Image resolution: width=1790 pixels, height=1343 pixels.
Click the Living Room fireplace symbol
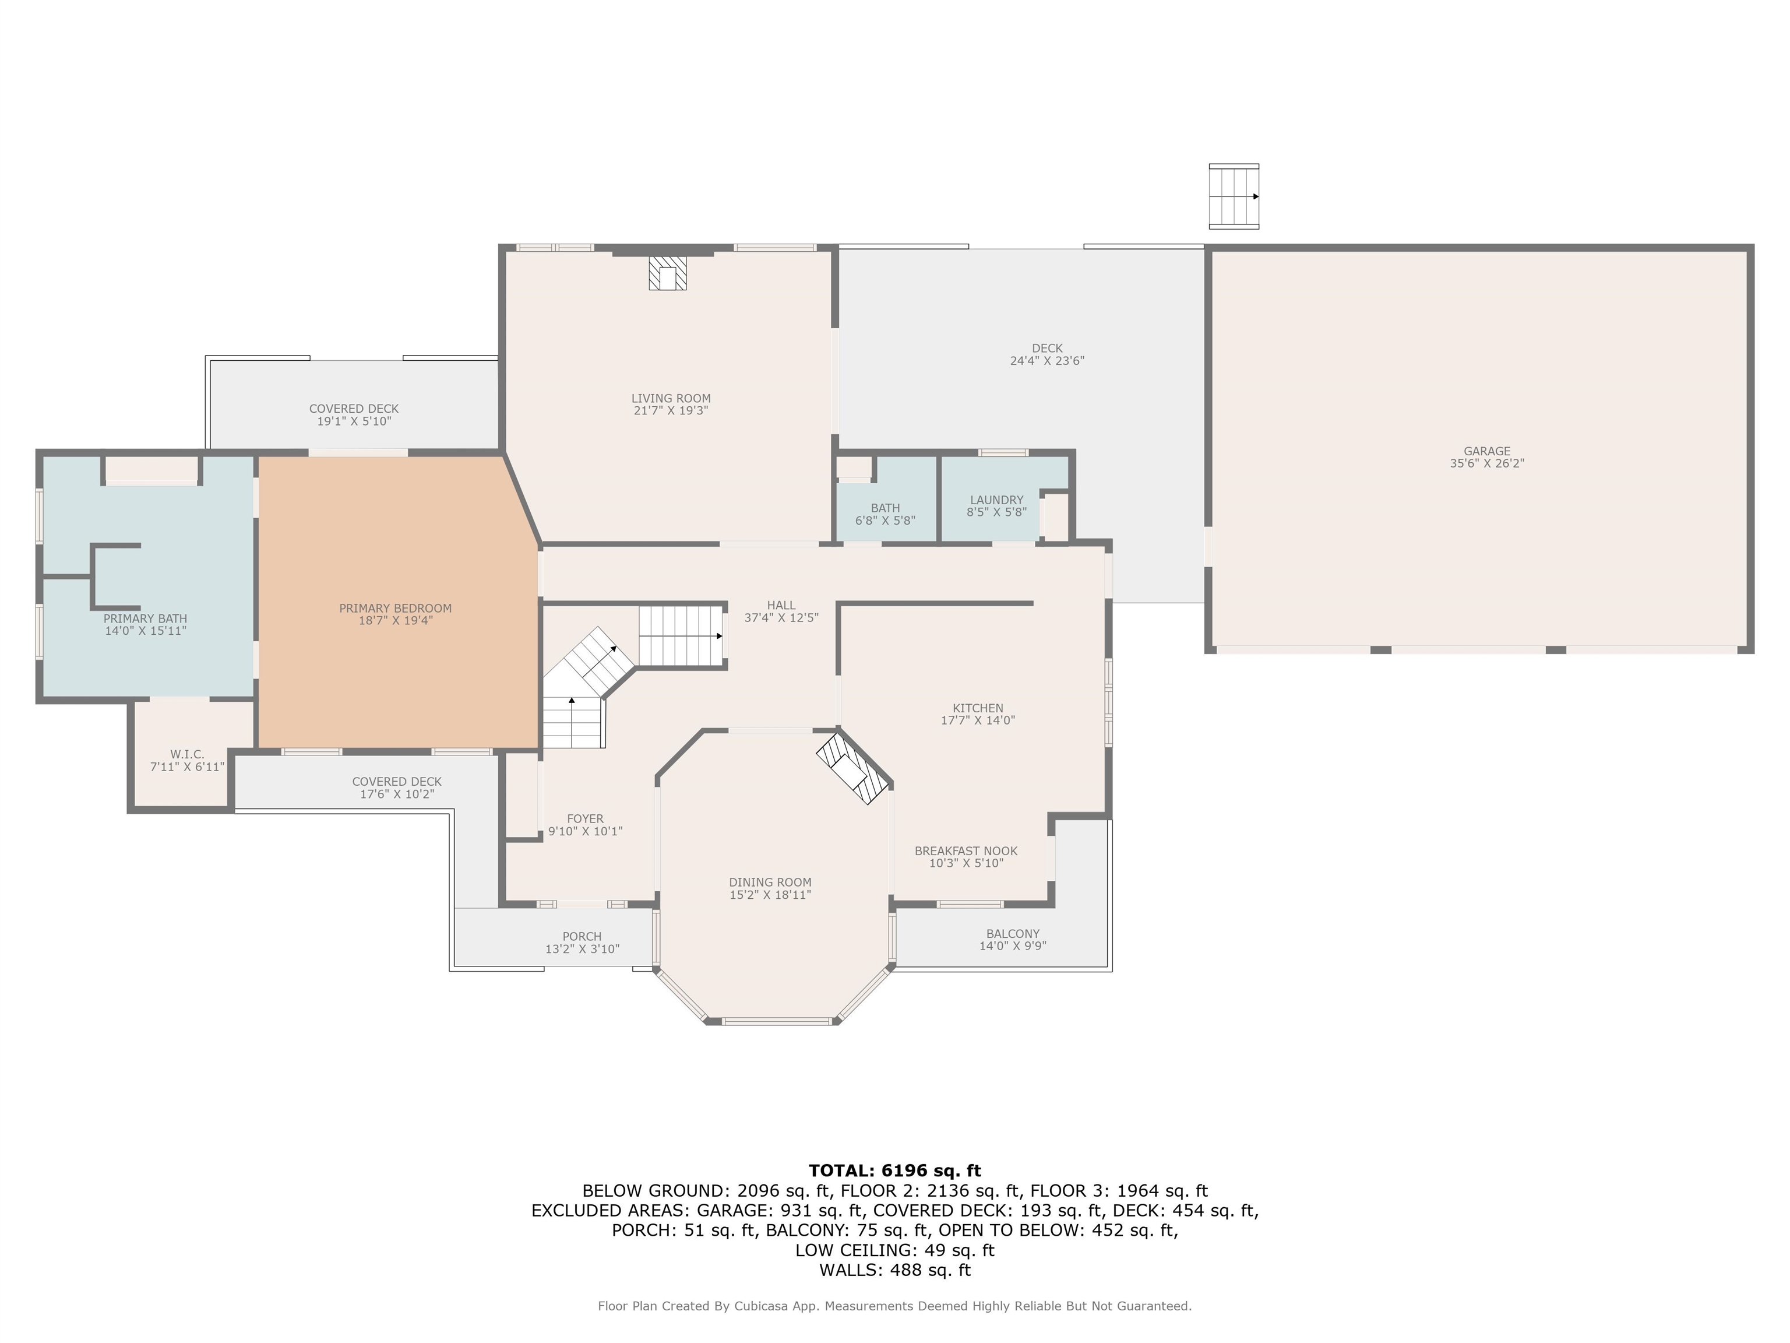click(x=668, y=273)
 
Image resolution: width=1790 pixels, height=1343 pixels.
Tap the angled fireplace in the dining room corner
click(x=854, y=768)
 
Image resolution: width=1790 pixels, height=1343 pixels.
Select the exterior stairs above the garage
click(x=1234, y=196)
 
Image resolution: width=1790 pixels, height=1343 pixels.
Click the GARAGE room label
click(x=1486, y=451)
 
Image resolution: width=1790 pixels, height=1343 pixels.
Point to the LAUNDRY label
click(x=996, y=500)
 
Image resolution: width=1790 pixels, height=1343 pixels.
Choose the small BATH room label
click(x=885, y=508)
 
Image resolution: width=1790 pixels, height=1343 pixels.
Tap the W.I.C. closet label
click(x=187, y=754)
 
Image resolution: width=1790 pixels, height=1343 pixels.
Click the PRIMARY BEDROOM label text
click(x=395, y=608)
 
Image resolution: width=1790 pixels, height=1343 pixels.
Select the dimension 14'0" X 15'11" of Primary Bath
click(x=146, y=631)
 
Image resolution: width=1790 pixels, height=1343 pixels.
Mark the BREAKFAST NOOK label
click(x=966, y=851)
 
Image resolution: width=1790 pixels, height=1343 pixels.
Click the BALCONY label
click(x=1012, y=933)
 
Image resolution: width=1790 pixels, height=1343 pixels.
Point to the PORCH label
click(x=582, y=936)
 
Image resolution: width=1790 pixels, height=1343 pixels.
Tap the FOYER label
click(x=585, y=818)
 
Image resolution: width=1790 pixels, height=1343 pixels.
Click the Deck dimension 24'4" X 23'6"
click(x=1046, y=361)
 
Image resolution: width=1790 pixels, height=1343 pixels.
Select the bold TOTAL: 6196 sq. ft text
click(x=894, y=1170)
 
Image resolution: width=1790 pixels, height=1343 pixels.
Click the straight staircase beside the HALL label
click(x=681, y=635)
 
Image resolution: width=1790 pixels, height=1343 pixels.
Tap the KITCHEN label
click(x=978, y=708)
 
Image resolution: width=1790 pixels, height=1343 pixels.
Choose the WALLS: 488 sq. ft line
click(x=894, y=1270)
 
